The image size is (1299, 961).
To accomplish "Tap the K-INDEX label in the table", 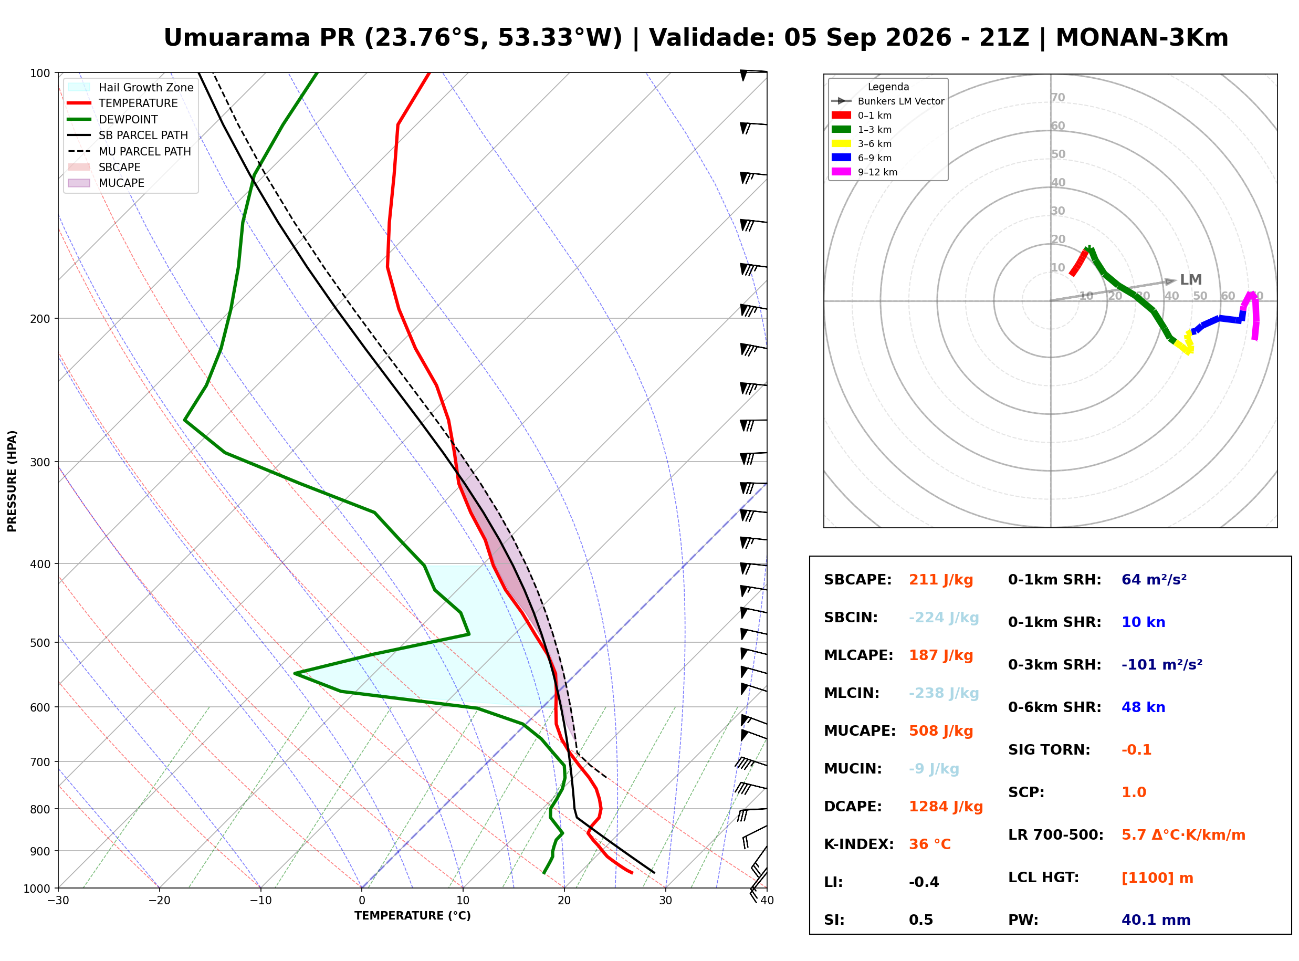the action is pyautogui.click(x=859, y=844).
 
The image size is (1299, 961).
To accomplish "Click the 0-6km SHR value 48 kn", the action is pyautogui.click(x=1143, y=708).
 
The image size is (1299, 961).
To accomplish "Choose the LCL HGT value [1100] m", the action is pyautogui.click(x=1157, y=878).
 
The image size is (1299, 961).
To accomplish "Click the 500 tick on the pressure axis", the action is pyautogui.click(x=40, y=643).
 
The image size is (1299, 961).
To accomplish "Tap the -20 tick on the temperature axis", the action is pyautogui.click(x=159, y=901).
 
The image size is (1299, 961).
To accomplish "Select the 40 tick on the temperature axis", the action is pyautogui.click(x=767, y=901).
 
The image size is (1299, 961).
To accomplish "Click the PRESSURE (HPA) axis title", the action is pyautogui.click(x=12, y=481).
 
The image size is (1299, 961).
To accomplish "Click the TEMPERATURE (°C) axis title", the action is pyautogui.click(x=413, y=916).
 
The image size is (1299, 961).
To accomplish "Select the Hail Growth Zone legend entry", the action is pyautogui.click(x=131, y=87).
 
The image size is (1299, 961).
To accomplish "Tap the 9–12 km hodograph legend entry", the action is pyautogui.click(x=865, y=172).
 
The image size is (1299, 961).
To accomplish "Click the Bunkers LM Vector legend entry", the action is pyautogui.click(x=888, y=101).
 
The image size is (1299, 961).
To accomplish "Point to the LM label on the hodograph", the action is pyautogui.click(x=1191, y=280).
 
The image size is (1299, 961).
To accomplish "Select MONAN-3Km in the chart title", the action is pyautogui.click(x=1142, y=38).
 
